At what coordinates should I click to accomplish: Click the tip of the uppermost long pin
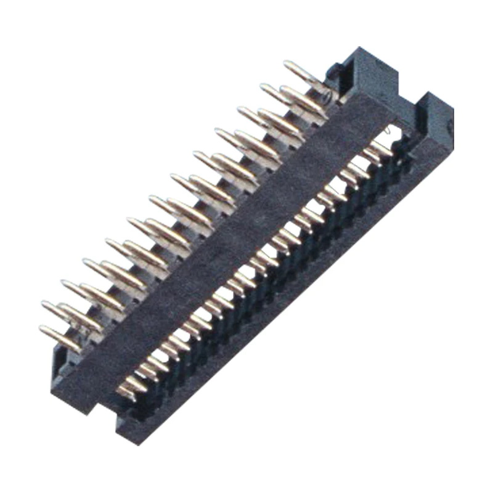tap(286, 63)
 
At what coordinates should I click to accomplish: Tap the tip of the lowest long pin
tap(42, 329)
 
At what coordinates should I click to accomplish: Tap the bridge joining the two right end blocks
tap(409, 111)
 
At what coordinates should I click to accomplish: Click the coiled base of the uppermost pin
tap(327, 93)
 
